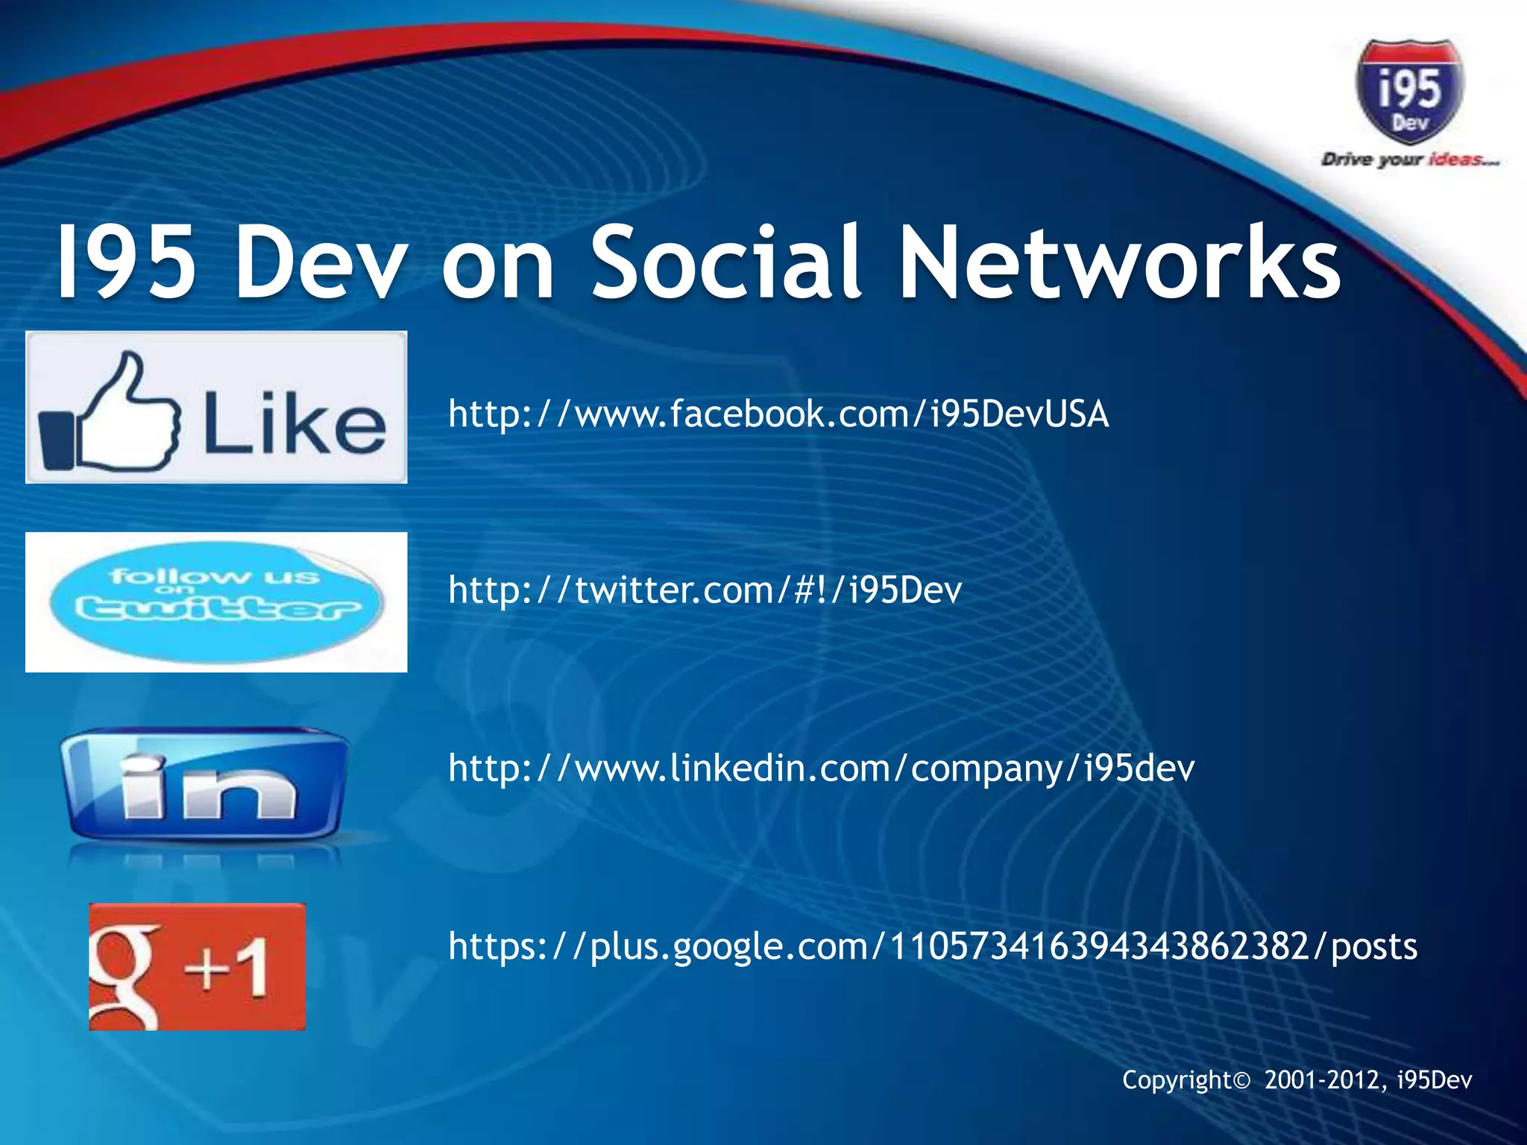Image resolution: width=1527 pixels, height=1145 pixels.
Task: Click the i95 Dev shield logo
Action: coord(1409,92)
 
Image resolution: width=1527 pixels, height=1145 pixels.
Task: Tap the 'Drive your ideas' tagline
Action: coord(1409,160)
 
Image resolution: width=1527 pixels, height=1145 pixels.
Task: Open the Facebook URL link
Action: coord(778,414)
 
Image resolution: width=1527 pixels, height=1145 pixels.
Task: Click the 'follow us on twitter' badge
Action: coord(215,602)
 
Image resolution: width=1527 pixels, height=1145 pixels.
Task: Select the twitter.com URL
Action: coord(705,590)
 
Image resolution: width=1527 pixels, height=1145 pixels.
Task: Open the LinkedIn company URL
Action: coord(821,768)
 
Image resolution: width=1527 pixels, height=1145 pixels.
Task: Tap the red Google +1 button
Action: coord(198,967)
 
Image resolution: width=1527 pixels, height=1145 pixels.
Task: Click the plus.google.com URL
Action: coord(932,946)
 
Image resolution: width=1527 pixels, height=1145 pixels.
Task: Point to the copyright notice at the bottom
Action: coord(1297,1079)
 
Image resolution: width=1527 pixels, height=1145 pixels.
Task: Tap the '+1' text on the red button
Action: coord(227,967)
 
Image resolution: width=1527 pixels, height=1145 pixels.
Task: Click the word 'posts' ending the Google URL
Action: coord(1374,947)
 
